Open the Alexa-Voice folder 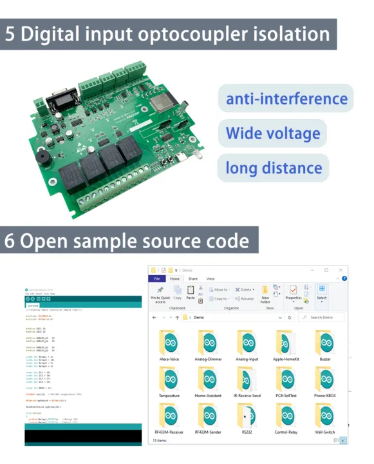point(170,342)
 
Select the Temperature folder point(170,380)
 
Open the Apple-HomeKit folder point(285,342)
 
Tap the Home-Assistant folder point(208,380)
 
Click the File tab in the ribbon point(156,278)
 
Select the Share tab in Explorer point(192,278)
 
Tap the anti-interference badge point(286,99)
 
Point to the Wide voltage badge point(273,133)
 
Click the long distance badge point(274,168)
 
